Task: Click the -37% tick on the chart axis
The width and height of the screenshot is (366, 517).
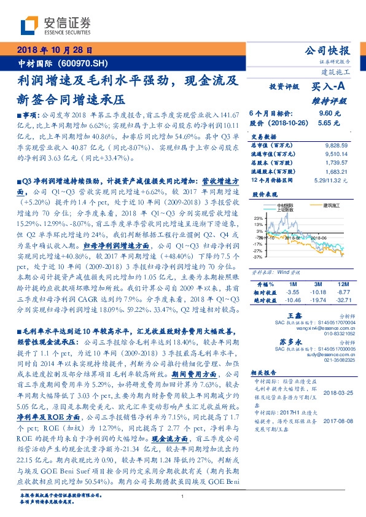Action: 257,257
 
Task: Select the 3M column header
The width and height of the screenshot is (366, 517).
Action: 317,284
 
